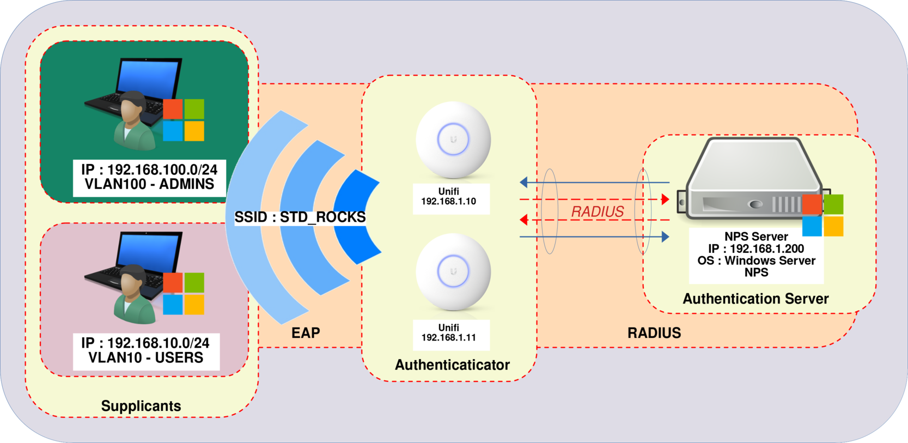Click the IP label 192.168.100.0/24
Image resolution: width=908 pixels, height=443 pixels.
click(149, 170)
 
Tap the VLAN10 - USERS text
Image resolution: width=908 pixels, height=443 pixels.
click(146, 358)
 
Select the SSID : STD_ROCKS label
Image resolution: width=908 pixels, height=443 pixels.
click(300, 217)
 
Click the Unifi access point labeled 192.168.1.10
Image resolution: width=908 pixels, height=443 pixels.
click(453, 139)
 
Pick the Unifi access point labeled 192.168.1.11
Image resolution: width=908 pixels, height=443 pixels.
click(453, 272)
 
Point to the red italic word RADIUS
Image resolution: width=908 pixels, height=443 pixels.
click(598, 211)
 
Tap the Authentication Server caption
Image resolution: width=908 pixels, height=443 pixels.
click(755, 299)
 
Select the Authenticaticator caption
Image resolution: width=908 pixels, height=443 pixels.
click(452, 365)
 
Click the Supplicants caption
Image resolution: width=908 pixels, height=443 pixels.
click(141, 406)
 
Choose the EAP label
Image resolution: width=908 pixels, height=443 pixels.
click(306, 333)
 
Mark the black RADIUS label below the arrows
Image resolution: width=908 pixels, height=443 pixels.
click(654, 333)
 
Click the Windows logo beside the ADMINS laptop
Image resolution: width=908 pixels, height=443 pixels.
click(184, 120)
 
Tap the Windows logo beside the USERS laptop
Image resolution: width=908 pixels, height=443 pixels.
click(184, 294)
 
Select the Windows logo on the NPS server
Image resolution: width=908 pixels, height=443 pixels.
click(822, 215)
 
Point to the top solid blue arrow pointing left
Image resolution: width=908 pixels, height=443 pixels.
click(594, 182)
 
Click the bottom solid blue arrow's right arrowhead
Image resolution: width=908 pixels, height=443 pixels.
click(665, 236)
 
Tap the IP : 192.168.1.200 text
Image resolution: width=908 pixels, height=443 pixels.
click(756, 248)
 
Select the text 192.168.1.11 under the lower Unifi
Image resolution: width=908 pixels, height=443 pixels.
click(449, 337)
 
